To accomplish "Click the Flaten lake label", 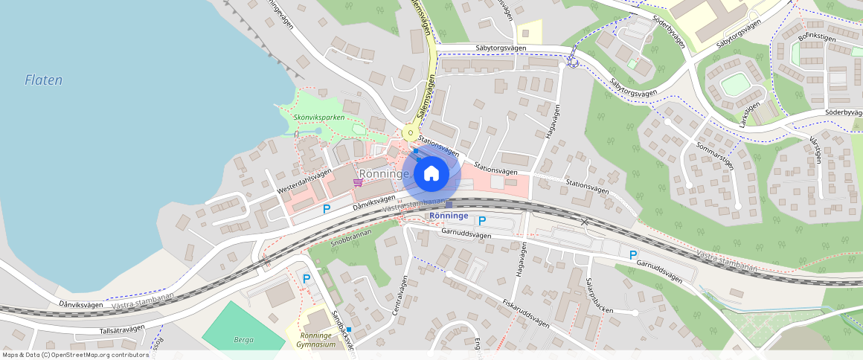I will click(x=43, y=80).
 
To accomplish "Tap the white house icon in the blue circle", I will click(x=431, y=174).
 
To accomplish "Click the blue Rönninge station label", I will click(x=449, y=216).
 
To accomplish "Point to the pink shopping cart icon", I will click(x=358, y=182).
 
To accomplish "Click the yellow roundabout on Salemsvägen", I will click(x=409, y=133).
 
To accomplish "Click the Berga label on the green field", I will click(x=244, y=339).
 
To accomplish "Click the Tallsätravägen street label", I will click(x=120, y=330).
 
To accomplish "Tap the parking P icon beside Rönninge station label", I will click(x=481, y=220).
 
